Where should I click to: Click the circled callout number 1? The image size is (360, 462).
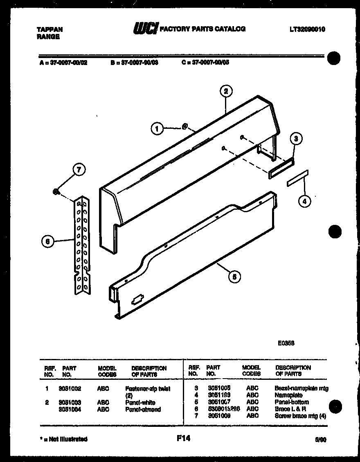[x=156, y=129]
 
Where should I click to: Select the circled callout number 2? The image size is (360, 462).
[x=225, y=91]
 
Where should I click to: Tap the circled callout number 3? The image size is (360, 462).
[x=296, y=139]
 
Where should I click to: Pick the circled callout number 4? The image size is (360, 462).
[x=304, y=200]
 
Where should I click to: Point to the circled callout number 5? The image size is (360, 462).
[x=234, y=277]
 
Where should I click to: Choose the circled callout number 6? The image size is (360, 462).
[x=48, y=242]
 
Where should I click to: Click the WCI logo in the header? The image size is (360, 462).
[x=145, y=29]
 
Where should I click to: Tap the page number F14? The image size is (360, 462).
[x=183, y=438]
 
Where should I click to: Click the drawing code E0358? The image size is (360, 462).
[x=286, y=343]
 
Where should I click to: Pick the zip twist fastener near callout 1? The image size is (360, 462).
[x=184, y=126]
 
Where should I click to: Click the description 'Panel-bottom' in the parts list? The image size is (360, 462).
[x=292, y=402]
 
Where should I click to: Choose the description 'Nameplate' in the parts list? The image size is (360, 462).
[x=289, y=395]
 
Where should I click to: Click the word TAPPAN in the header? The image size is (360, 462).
[x=49, y=29]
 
